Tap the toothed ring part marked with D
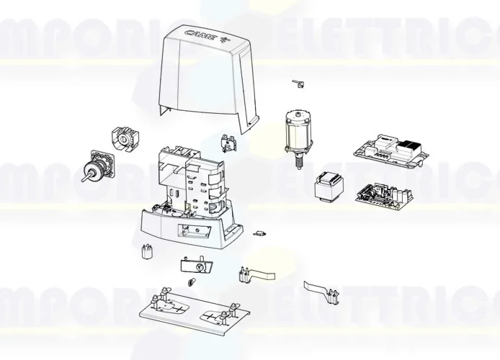(x=123, y=139)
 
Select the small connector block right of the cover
(x=229, y=142)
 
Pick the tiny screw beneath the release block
(x=193, y=282)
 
